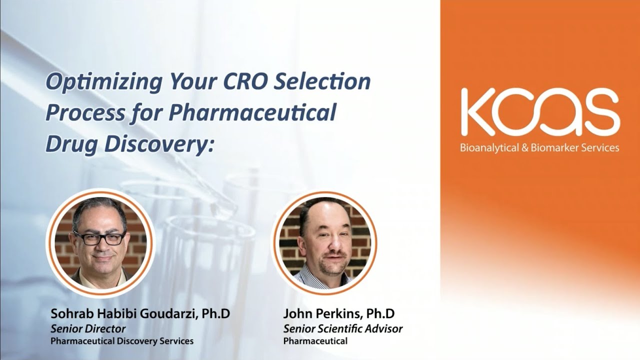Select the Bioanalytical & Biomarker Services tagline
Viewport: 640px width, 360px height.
coord(539,147)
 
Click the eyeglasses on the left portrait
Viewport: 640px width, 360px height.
coord(99,237)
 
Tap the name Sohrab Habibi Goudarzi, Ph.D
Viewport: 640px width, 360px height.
coord(140,314)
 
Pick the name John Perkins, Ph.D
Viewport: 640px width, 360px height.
coord(338,314)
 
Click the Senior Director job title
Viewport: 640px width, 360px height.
coord(87,329)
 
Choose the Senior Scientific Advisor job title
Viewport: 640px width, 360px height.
coord(342,329)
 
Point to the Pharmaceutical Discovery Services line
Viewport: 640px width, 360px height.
coord(121,341)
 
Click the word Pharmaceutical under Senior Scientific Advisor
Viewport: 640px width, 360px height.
coord(315,341)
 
